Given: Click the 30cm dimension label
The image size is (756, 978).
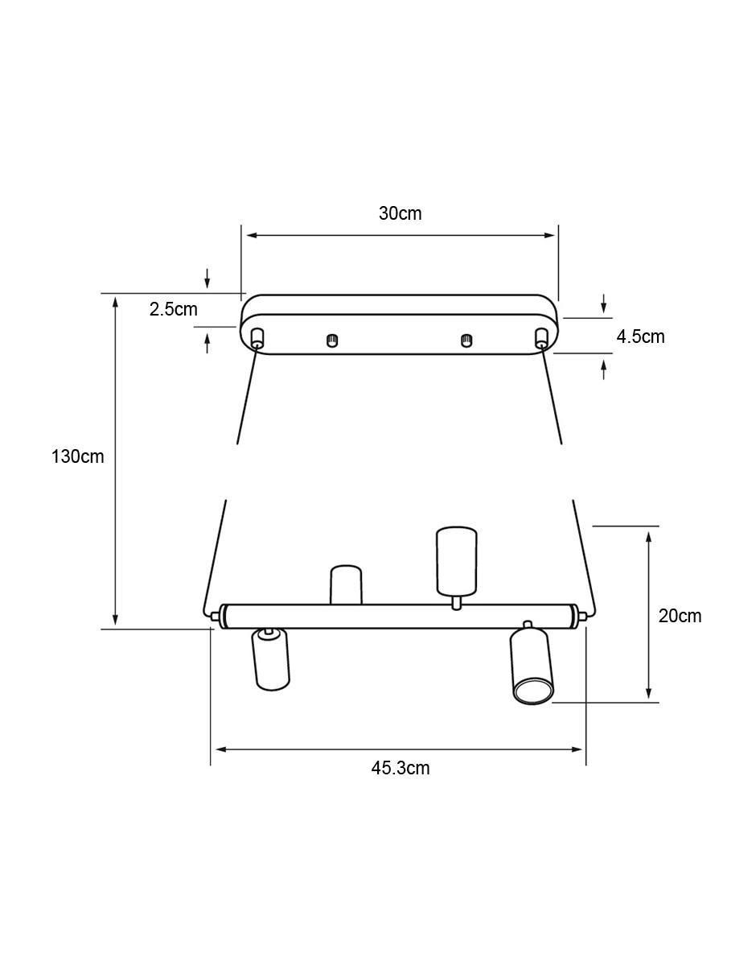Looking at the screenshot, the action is tap(400, 213).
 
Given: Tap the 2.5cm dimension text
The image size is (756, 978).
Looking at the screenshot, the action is tap(174, 309).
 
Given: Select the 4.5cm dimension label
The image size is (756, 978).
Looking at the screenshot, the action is tap(640, 336).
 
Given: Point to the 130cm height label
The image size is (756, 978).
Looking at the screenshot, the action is tap(78, 456).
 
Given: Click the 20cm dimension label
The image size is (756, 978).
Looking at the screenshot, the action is tap(680, 616).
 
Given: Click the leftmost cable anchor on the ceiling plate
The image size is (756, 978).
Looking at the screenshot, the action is tap(257, 338).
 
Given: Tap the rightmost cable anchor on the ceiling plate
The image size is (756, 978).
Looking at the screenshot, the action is tap(540, 338).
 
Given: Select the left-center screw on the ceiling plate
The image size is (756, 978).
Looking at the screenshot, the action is tap(331, 340).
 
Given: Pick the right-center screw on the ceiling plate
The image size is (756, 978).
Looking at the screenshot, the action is tap(466, 340).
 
